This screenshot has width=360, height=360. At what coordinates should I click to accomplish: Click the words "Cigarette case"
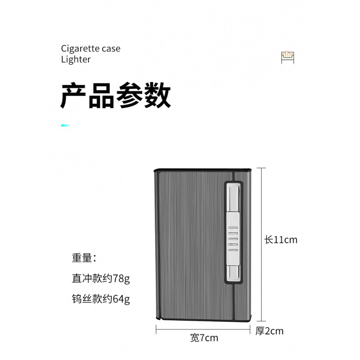pyautogui.click(x=91, y=48)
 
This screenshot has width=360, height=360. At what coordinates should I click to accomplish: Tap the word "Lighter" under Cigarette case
pyautogui.click(x=76, y=59)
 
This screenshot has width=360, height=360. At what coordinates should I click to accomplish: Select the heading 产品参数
pyautogui.click(x=115, y=95)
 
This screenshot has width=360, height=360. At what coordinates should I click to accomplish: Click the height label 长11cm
pyautogui.click(x=281, y=239)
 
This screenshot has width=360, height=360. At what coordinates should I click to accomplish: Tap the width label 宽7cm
pyautogui.click(x=204, y=338)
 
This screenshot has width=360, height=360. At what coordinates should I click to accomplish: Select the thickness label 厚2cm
pyautogui.click(x=269, y=331)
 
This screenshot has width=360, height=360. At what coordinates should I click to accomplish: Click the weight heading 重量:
pyautogui.click(x=84, y=257)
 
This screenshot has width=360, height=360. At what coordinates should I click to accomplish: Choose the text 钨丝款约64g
pyautogui.click(x=100, y=299)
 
